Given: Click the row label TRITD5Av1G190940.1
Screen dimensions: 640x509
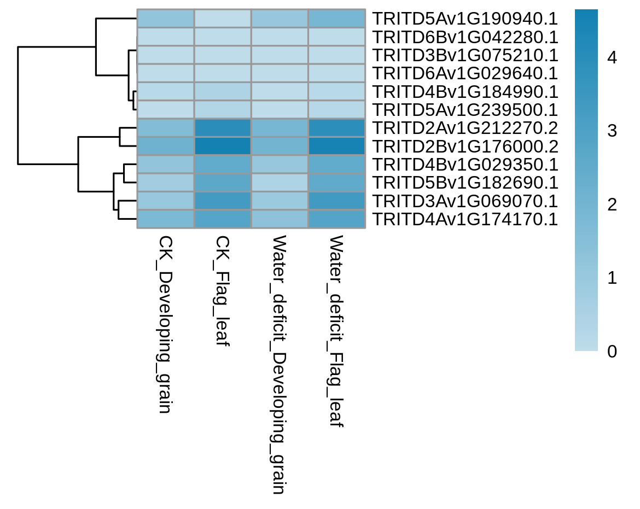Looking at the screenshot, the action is (x=465, y=19).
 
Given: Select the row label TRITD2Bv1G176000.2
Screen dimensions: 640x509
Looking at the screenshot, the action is (x=465, y=147).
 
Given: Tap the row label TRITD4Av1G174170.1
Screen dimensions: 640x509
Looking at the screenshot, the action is (x=465, y=219).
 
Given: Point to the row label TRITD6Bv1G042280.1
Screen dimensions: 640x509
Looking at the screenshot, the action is (x=465, y=37).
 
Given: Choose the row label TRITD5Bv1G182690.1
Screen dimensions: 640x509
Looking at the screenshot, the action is (x=465, y=183).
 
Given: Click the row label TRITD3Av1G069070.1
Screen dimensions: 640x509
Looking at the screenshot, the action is (x=465, y=201).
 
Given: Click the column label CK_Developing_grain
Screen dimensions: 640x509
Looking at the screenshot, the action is (x=165, y=324).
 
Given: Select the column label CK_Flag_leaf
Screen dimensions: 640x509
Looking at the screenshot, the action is (x=222, y=291).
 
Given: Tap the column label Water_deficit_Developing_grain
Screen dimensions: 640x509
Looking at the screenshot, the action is (x=279, y=365).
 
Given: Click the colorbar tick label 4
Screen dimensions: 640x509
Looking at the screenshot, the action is (x=612, y=57).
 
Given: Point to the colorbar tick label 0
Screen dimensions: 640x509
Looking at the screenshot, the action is (x=612, y=351).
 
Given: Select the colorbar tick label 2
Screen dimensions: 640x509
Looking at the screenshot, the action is (x=612, y=204).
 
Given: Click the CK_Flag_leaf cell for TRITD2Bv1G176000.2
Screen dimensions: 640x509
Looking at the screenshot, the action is (x=223, y=146).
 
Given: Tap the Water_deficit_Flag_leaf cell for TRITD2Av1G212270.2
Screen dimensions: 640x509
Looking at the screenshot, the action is (x=337, y=127).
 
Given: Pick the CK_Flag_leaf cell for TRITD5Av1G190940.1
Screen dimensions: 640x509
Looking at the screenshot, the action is (x=223, y=19).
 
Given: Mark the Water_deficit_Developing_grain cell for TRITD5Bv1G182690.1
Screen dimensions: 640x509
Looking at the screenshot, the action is (x=280, y=183).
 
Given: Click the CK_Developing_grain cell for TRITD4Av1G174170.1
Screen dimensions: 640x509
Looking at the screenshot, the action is (x=166, y=219).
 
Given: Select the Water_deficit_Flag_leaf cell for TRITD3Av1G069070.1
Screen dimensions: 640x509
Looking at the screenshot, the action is (x=337, y=201).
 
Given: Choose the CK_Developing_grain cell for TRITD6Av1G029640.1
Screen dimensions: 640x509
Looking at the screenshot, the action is (x=166, y=73).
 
